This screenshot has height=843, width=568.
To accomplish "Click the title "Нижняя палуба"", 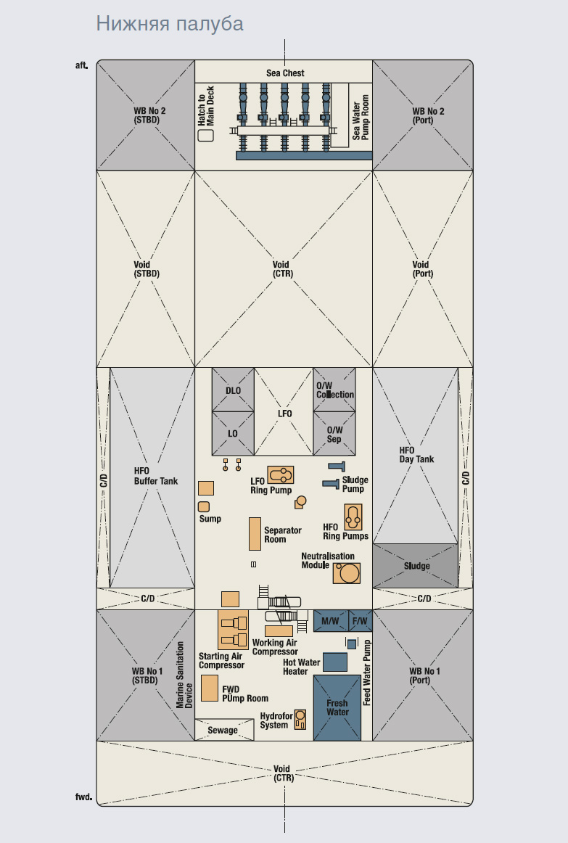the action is pyautogui.click(x=170, y=24).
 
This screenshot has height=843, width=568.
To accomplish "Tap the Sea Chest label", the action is pyautogui.click(x=285, y=73).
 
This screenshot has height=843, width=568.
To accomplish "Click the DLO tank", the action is pyautogui.click(x=233, y=390).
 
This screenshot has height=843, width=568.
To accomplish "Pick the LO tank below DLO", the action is pyautogui.click(x=233, y=434).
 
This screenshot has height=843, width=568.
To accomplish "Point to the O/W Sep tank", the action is pyautogui.click(x=334, y=434).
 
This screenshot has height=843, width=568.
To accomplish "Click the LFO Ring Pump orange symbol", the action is pyautogui.click(x=281, y=475).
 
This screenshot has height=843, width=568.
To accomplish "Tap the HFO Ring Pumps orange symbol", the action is pyautogui.click(x=353, y=517).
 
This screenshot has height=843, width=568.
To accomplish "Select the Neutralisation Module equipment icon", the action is pyautogui.click(x=347, y=573).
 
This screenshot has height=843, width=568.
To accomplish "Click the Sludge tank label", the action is pyautogui.click(x=417, y=566).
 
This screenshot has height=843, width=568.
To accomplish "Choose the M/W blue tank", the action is pyautogui.click(x=331, y=621).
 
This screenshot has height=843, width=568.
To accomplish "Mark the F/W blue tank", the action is pyautogui.click(x=360, y=621).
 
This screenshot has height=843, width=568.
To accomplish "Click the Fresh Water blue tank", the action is pyautogui.click(x=337, y=707).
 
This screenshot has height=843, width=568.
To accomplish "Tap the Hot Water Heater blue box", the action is pyautogui.click(x=335, y=662).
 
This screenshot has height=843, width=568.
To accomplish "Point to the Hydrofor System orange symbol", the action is pyautogui.click(x=300, y=720).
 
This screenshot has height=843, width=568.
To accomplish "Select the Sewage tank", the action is pyautogui.click(x=224, y=730).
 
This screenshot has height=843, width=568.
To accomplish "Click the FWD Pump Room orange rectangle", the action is pyautogui.click(x=210, y=688).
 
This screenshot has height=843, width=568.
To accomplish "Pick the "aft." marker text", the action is pyautogui.click(x=81, y=65).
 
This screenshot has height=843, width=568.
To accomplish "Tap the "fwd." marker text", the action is pyautogui.click(x=83, y=797).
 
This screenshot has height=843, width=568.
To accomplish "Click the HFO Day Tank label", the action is pyautogui.click(x=416, y=455).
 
